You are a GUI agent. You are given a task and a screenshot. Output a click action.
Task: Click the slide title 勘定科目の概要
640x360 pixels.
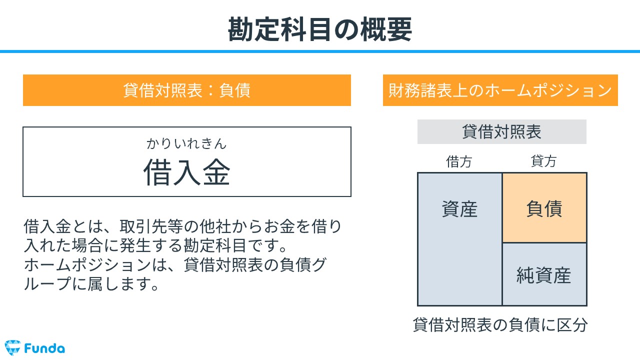coord(319,29)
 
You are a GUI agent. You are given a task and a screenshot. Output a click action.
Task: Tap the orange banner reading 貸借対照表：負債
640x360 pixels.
coord(187,90)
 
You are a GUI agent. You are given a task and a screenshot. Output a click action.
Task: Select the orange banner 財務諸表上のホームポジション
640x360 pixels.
coord(500,90)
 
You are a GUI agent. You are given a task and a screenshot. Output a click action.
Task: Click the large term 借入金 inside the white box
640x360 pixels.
coord(187,172)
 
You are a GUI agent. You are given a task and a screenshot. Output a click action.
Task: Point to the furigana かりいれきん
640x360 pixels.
coord(186,143)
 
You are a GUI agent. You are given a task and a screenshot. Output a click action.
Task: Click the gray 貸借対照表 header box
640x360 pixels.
coord(501,131)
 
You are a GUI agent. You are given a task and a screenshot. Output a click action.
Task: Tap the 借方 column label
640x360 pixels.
coord(459,161)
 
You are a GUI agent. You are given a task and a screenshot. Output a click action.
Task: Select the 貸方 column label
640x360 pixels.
coord(543,161)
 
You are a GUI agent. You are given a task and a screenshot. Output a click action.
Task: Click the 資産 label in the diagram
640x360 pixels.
coord(459,209)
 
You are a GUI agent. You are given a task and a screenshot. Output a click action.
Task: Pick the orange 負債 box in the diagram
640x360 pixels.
coord(544,207)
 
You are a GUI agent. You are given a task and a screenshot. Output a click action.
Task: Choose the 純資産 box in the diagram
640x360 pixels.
coord(544,274)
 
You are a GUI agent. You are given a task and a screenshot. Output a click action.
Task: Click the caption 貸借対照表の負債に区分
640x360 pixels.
coord(500,325)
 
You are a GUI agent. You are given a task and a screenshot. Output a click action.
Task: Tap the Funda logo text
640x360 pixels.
coord(44,348)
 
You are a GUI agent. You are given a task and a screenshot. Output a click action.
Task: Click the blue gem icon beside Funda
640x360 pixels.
coord(12,347)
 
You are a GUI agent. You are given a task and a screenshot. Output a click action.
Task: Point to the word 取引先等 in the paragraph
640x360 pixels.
coord(151,227)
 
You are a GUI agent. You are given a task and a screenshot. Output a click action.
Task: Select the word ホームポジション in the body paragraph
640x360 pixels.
coord(87,265)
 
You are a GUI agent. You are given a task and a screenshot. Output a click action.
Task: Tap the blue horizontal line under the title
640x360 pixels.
coord(320,51)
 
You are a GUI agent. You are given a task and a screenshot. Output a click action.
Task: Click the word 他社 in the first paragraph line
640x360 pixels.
coord(215,227)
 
